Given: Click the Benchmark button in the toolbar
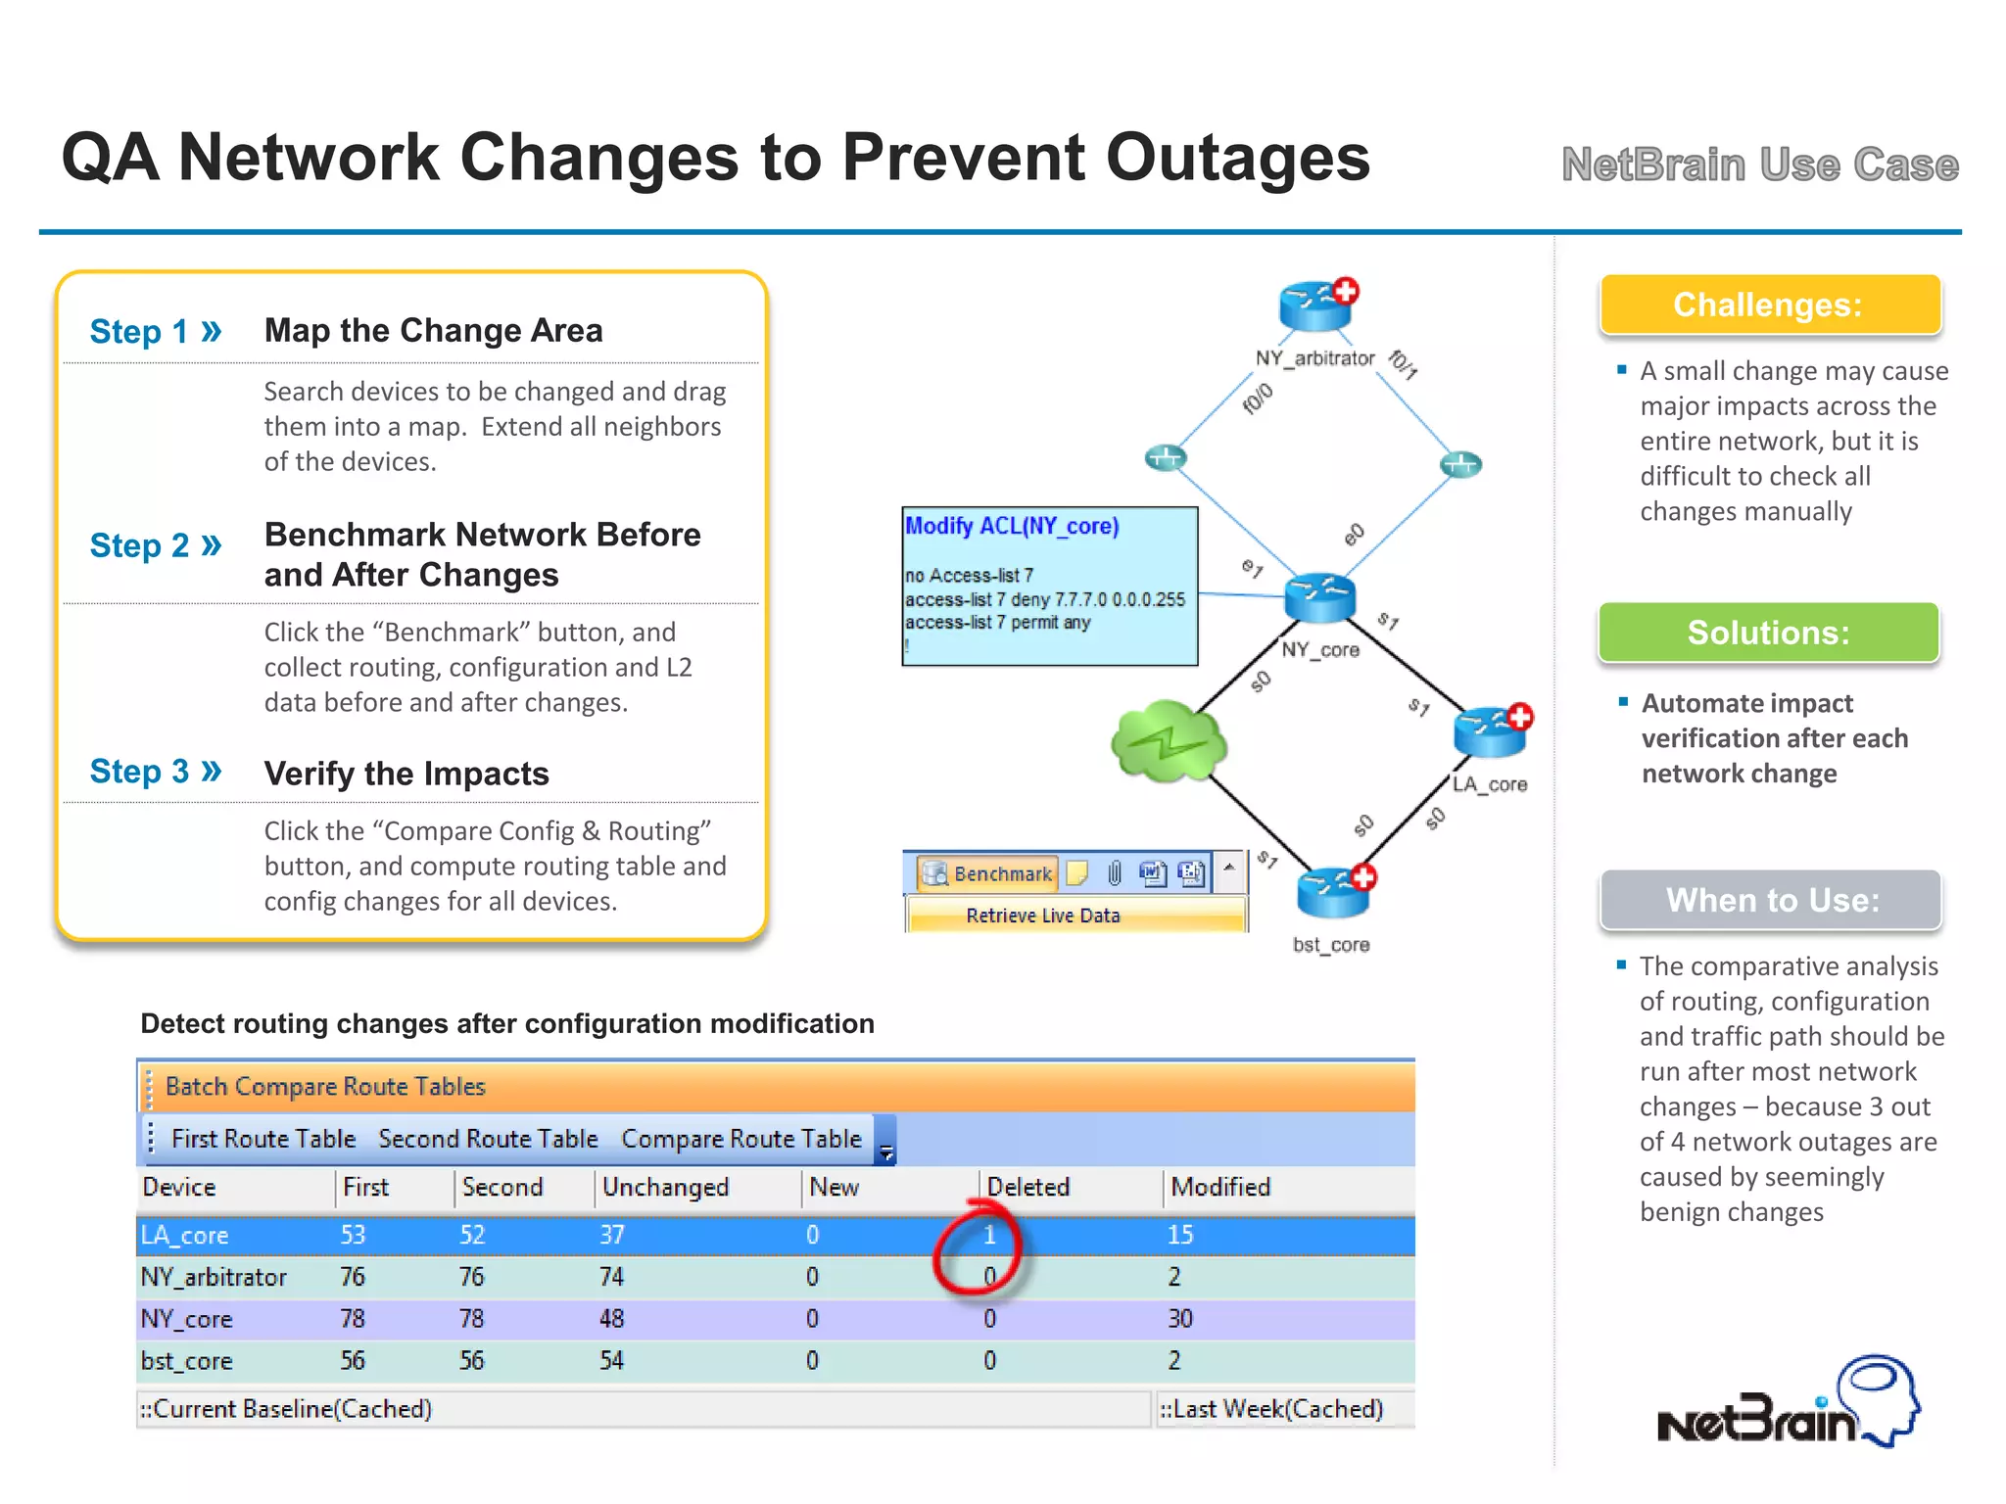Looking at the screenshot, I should pyautogui.click(x=987, y=872).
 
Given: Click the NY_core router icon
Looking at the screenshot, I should pyautogui.click(x=1319, y=598).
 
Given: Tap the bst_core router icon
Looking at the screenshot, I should pyautogui.click(x=1333, y=892).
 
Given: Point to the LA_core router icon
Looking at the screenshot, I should pyautogui.click(x=1491, y=732).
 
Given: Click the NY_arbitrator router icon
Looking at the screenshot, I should pyautogui.click(x=1316, y=306).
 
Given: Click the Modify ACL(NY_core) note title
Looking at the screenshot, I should pyautogui.click(x=1011, y=526).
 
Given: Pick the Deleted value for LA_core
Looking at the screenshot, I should pyautogui.click(x=989, y=1235).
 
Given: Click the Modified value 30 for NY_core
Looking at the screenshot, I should pyautogui.click(x=1179, y=1319).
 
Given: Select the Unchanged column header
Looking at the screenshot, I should pyautogui.click(x=665, y=1187).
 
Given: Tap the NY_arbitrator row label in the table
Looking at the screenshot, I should pyautogui.click(x=214, y=1277).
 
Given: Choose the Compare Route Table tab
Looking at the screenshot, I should pyautogui.click(x=741, y=1139).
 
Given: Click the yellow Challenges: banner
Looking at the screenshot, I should pyautogui.click(x=1769, y=305).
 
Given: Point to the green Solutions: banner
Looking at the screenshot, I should pyautogui.click(x=1768, y=633).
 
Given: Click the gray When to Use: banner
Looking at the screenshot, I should pyautogui.click(x=1771, y=900).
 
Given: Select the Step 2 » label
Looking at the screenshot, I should pyautogui.click(x=156, y=545).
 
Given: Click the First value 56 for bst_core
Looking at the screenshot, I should pyautogui.click(x=353, y=1360).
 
